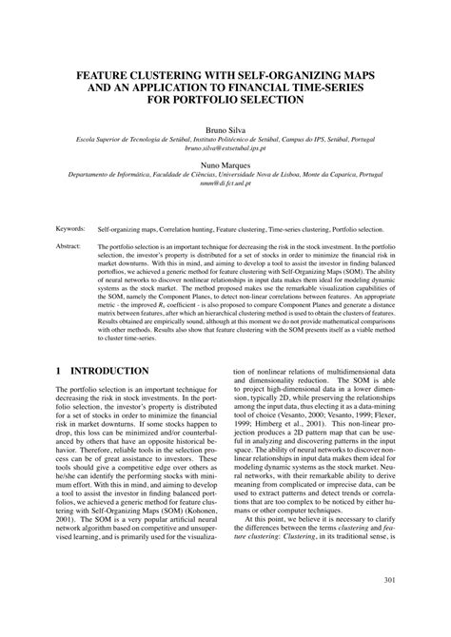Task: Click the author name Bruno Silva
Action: point(225,126)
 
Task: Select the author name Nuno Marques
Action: point(225,164)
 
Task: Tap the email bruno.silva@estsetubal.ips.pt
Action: point(225,149)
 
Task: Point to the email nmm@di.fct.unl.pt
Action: point(225,186)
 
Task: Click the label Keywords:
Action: point(71,229)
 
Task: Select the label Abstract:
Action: point(69,245)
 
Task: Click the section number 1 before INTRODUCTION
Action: point(60,370)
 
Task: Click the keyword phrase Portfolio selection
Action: point(353,229)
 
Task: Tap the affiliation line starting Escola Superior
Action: point(225,139)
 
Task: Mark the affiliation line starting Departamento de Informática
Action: point(225,176)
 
